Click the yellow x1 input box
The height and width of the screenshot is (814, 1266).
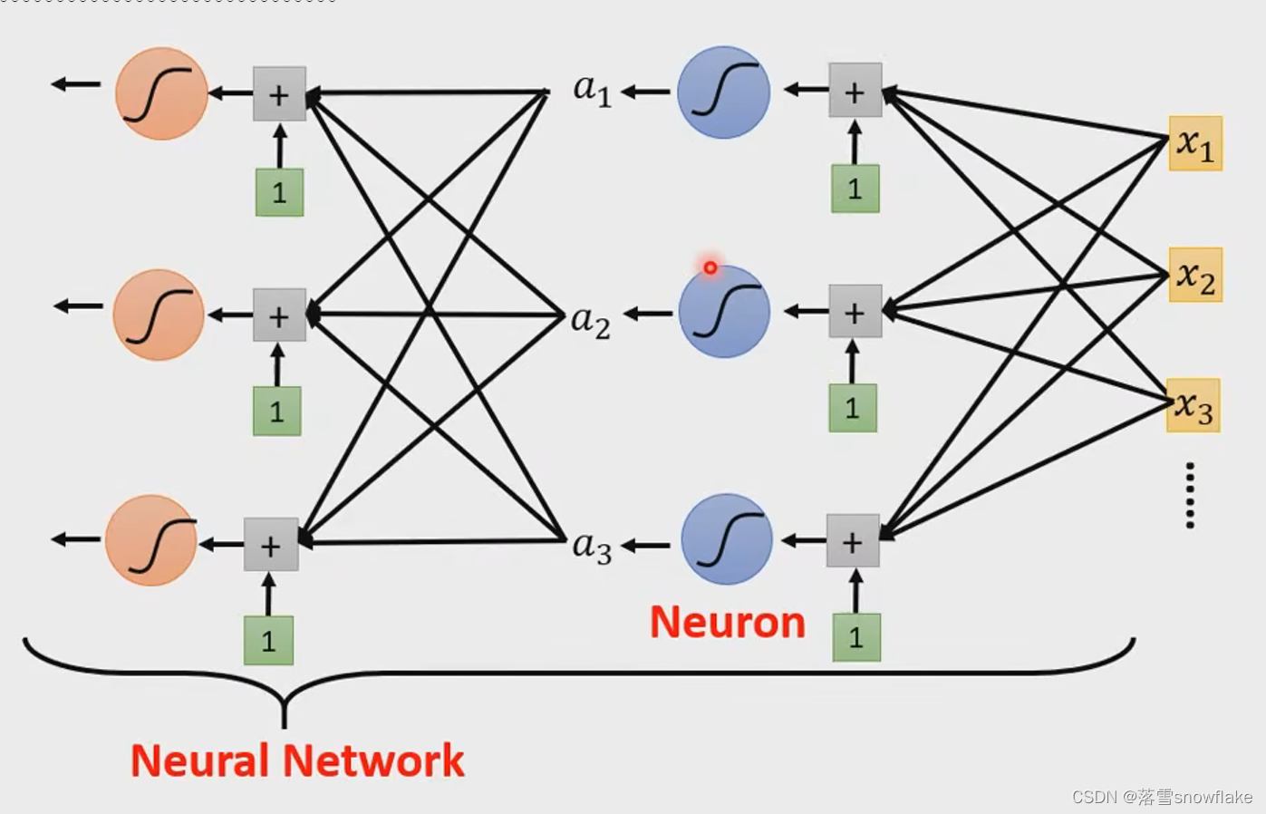tap(1195, 143)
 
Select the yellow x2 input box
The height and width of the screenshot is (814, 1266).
tap(1195, 275)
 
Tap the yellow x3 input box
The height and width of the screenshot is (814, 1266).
tap(1194, 406)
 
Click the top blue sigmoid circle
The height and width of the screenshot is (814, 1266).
tap(723, 92)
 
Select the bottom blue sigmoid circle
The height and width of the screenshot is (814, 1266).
tap(726, 539)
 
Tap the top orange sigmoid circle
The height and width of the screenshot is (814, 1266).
tap(161, 93)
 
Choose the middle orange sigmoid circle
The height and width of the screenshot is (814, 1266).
tap(159, 315)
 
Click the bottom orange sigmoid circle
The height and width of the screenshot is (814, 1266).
tap(151, 540)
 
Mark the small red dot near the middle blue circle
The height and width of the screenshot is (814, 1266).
tap(710, 267)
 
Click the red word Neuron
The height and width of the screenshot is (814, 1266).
tap(727, 623)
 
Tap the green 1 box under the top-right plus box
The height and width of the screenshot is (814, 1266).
tap(855, 189)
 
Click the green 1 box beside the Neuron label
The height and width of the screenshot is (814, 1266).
tap(855, 636)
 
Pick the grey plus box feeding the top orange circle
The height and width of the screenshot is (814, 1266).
tap(279, 94)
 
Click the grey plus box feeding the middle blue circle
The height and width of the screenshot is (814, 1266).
tap(855, 312)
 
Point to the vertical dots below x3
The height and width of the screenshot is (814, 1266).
tap(1190, 495)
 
